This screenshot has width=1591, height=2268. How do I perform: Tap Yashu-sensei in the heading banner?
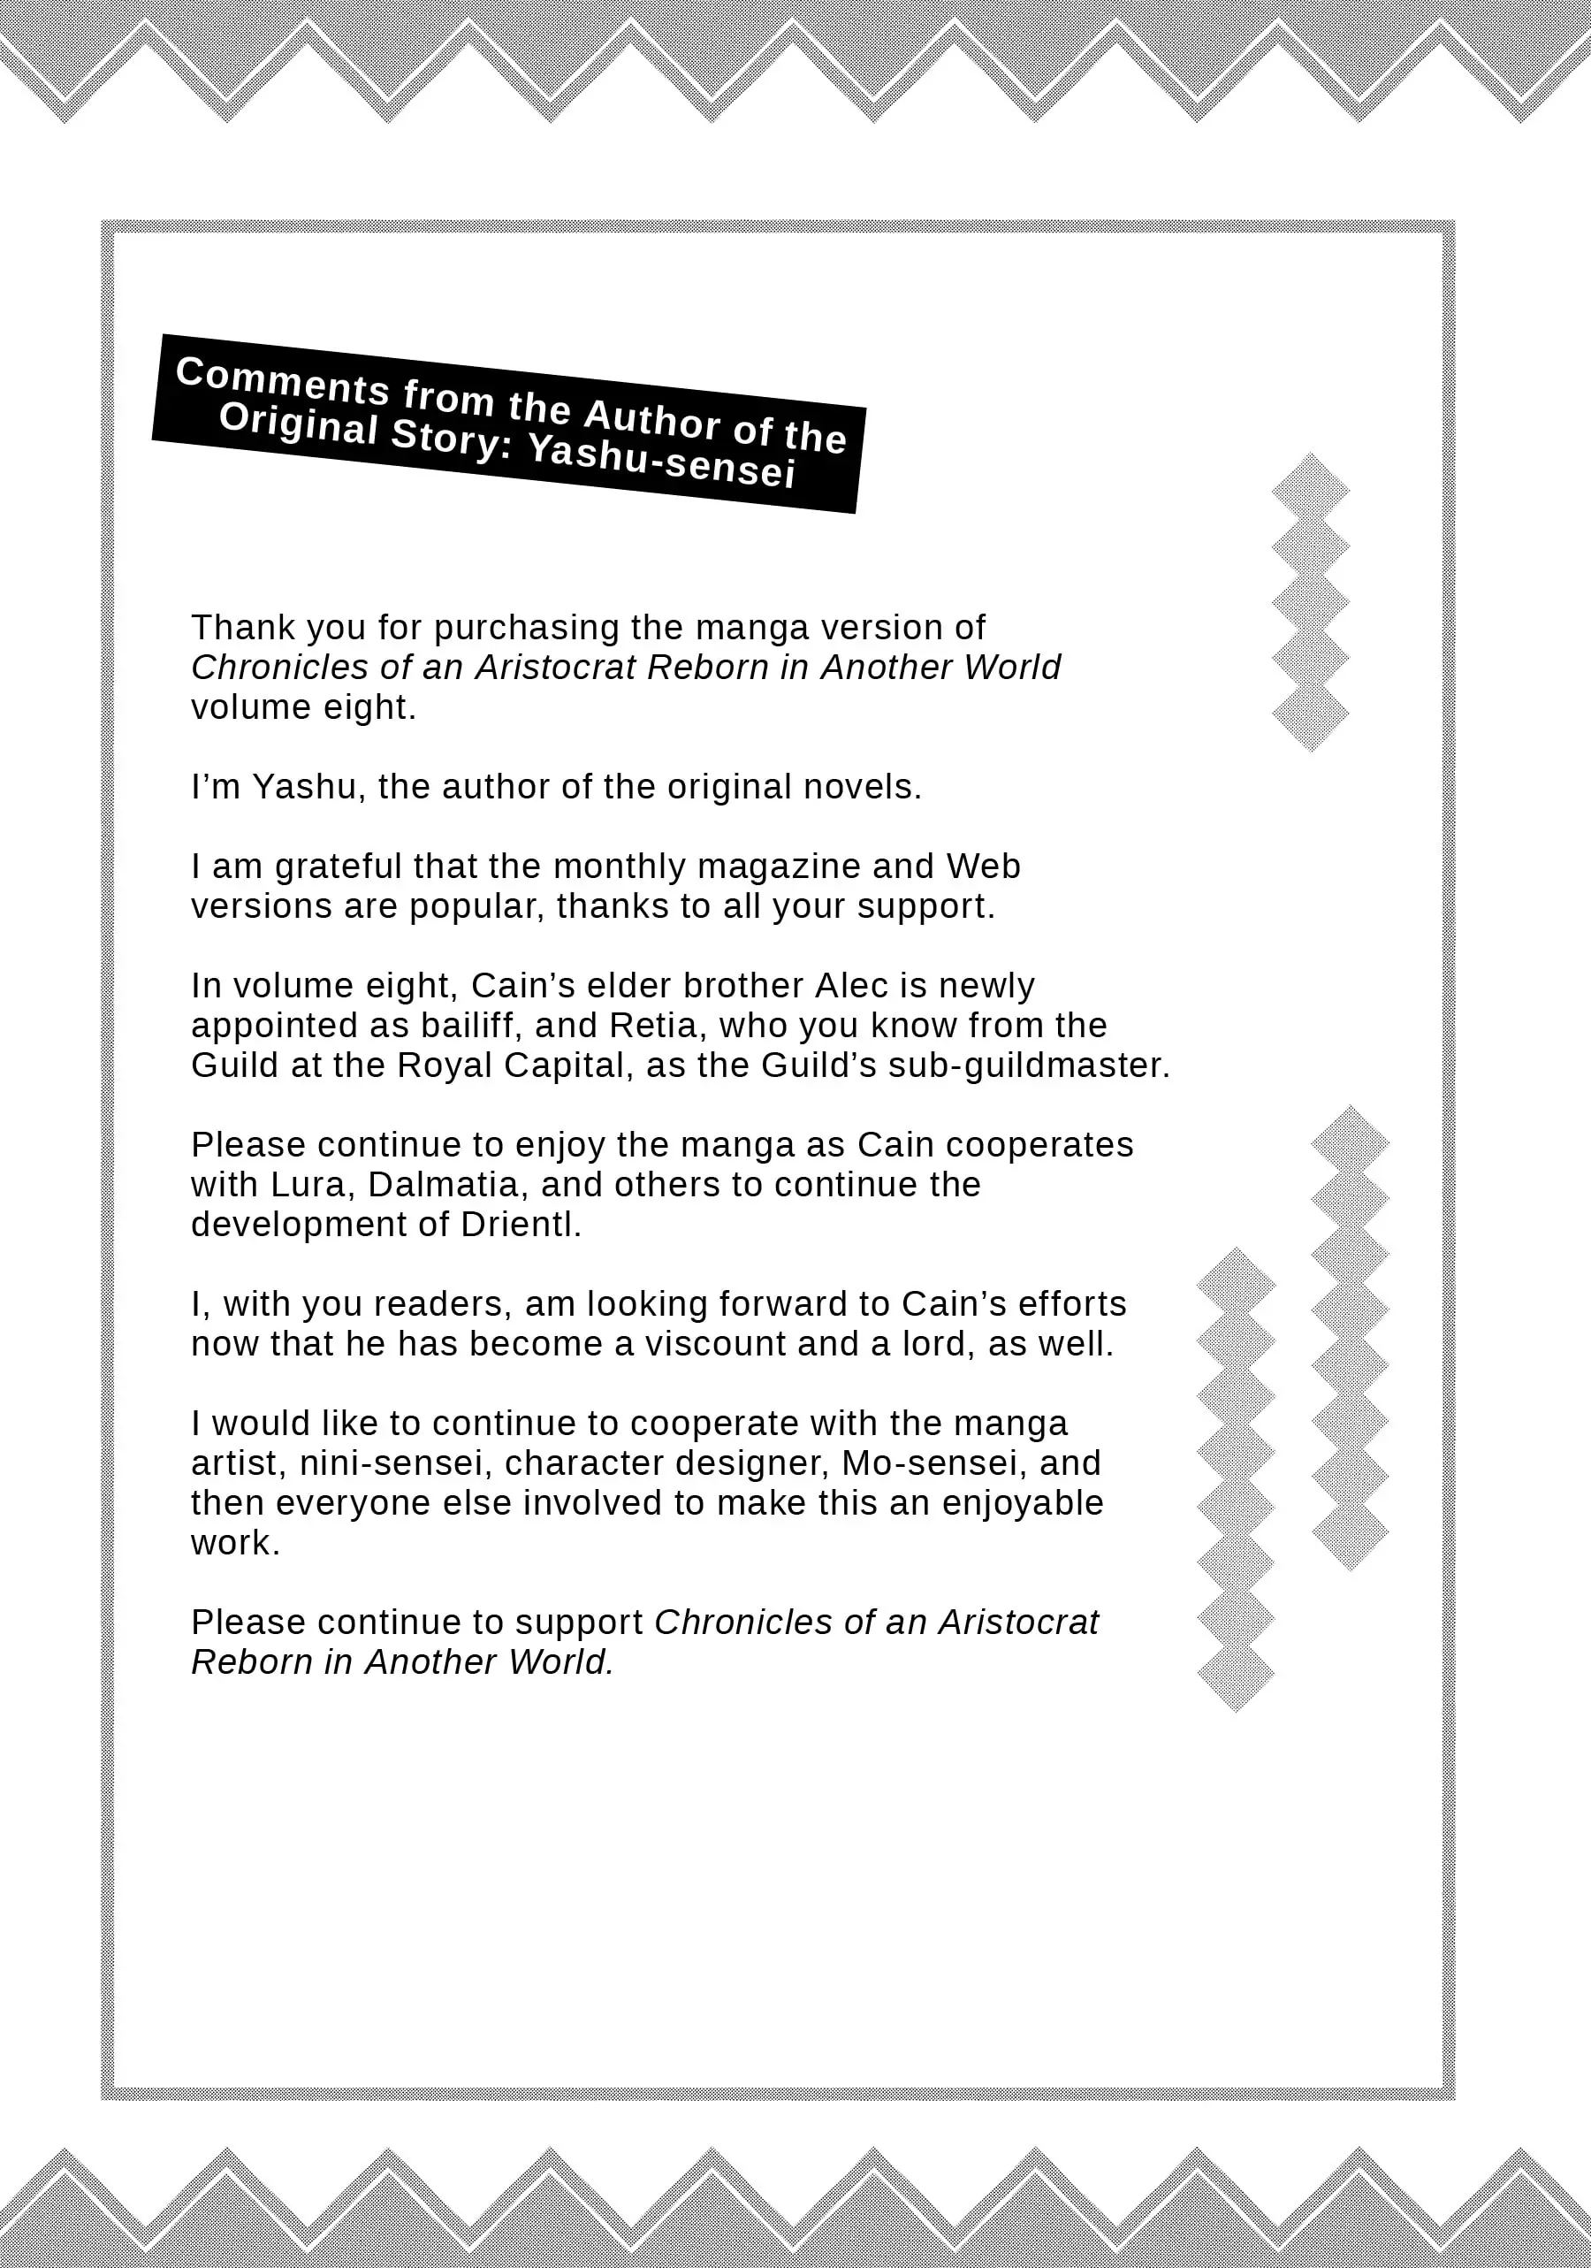coord(662,462)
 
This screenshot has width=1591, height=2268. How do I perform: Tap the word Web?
coord(983,867)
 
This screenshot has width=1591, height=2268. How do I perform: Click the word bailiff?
coord(471,1026)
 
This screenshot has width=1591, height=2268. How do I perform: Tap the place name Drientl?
coord(521,1225)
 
